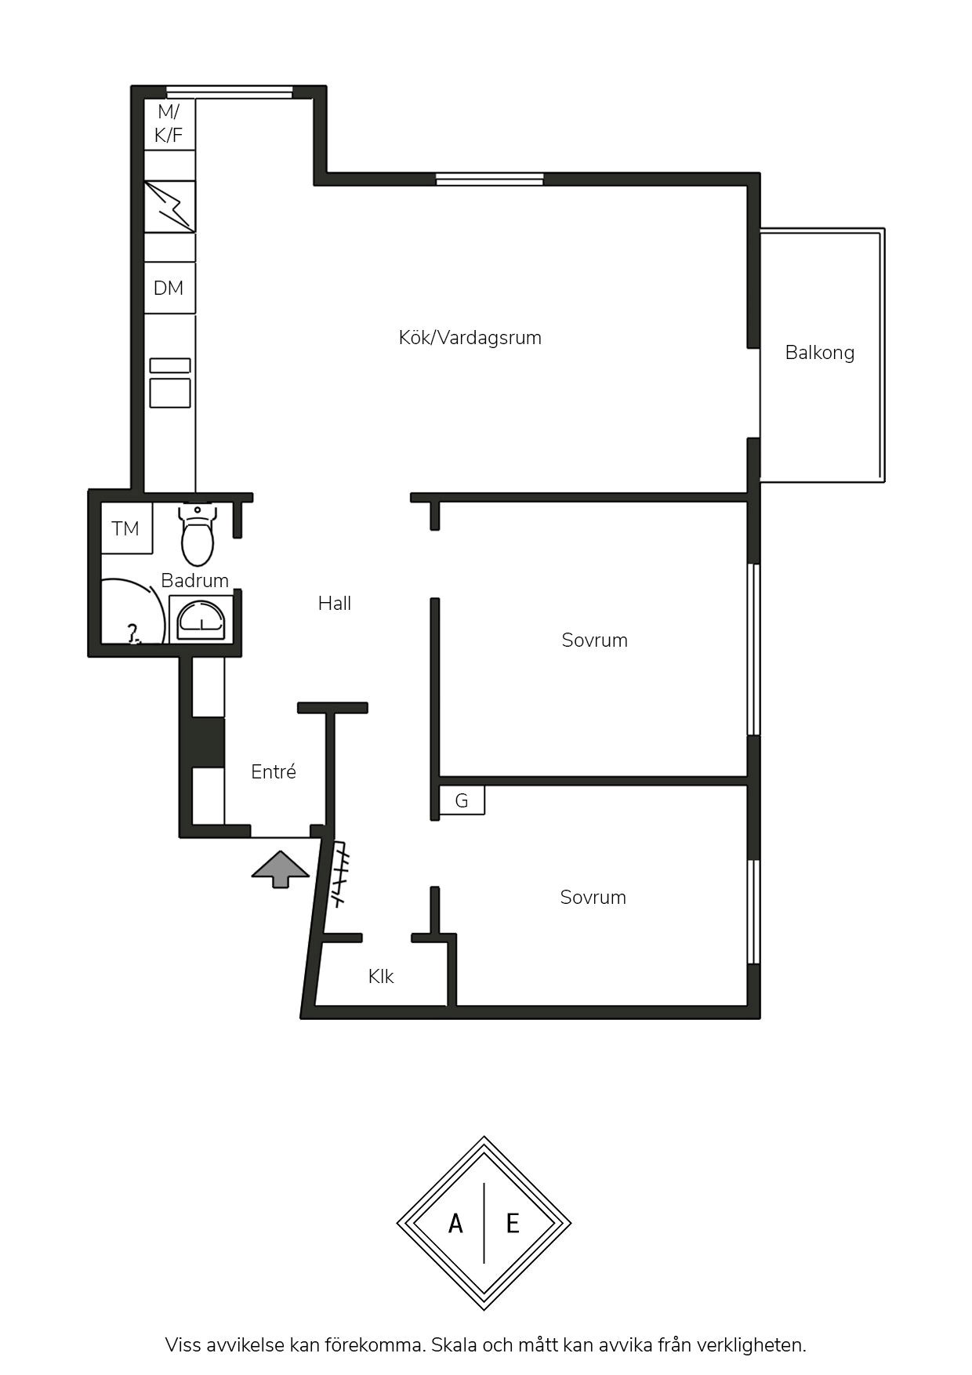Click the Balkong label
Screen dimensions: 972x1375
[x=819, y=353]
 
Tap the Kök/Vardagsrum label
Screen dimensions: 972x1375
[x=470, y=338]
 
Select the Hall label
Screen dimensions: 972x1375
[x=335, y=603]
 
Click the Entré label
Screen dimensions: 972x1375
[x=274, y=771]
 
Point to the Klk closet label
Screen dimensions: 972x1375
[x=381, y=976]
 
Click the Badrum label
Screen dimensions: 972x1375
[x=194, y=580]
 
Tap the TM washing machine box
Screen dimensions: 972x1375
[x=126, y=529]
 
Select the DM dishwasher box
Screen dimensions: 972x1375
[x=169, y=288]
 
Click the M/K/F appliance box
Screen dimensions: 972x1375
[x=169, y=124]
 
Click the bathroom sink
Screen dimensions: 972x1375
[x=201, y=618]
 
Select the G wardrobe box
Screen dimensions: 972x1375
[x=462, y=800]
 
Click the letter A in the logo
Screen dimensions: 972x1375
[x=455, y=1223]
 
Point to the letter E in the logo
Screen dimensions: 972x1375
[x=513, y=1223]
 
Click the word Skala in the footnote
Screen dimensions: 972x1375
[x=455, y=1345]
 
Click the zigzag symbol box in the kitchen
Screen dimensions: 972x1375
[x=169, y=206]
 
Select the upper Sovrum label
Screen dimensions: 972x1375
[x=594, y=640]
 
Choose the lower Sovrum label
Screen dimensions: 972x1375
[x=593, y=897]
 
